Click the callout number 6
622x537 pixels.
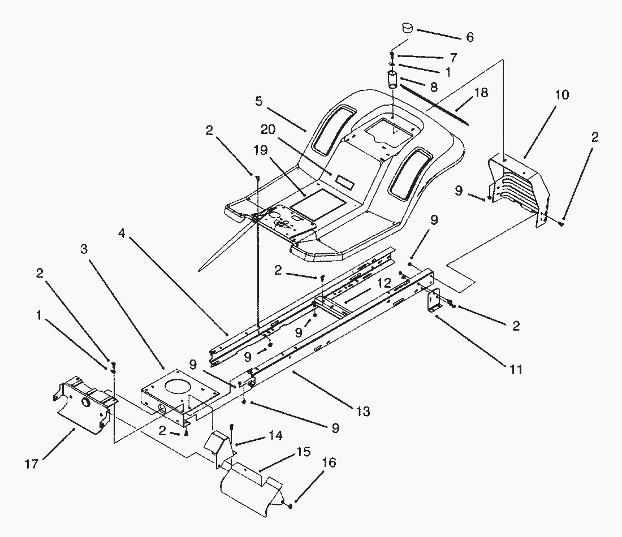point(470,37)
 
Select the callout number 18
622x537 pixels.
point(482,93)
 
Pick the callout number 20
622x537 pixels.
point(268,129)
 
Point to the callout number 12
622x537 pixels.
point(384,282)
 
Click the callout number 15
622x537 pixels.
point(303,453)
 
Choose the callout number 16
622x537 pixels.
point(329,463)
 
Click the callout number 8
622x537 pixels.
point(433,87)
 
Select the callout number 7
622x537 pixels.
point(453,58)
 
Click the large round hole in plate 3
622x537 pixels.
point(177,388)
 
